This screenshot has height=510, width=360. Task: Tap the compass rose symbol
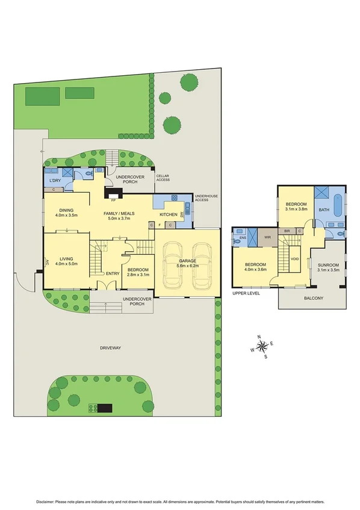click(262, 346)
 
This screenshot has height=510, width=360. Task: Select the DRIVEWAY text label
click(111, 347)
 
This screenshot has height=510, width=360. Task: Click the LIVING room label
click(63, 259)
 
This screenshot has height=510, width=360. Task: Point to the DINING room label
click(63, 210)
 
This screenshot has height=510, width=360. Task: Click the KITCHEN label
click(168, 214)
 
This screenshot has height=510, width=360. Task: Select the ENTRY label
click(113, 274)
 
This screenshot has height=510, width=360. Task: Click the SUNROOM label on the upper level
click(329, 265)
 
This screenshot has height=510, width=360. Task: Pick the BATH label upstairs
click(324, 210)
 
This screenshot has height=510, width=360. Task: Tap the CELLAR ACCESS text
click(163, 178)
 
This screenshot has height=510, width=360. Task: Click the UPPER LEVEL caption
click(245, 293)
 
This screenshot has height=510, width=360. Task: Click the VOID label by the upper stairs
click(294, 259)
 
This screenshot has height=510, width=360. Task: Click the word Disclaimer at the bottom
click(46, 501)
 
